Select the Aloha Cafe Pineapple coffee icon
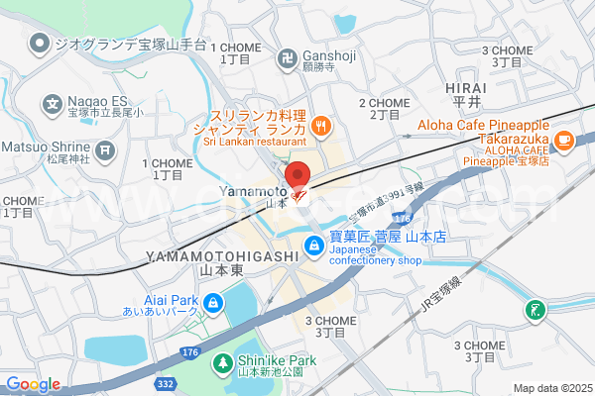tap(564, 140)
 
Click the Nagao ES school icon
tap(53, 102)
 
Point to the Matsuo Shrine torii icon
tap(106, 150)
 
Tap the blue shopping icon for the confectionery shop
tap(313, 245)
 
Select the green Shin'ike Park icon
tap(223, 363)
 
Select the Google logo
tap(32, 384)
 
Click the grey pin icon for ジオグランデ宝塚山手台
tap(40, 43)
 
